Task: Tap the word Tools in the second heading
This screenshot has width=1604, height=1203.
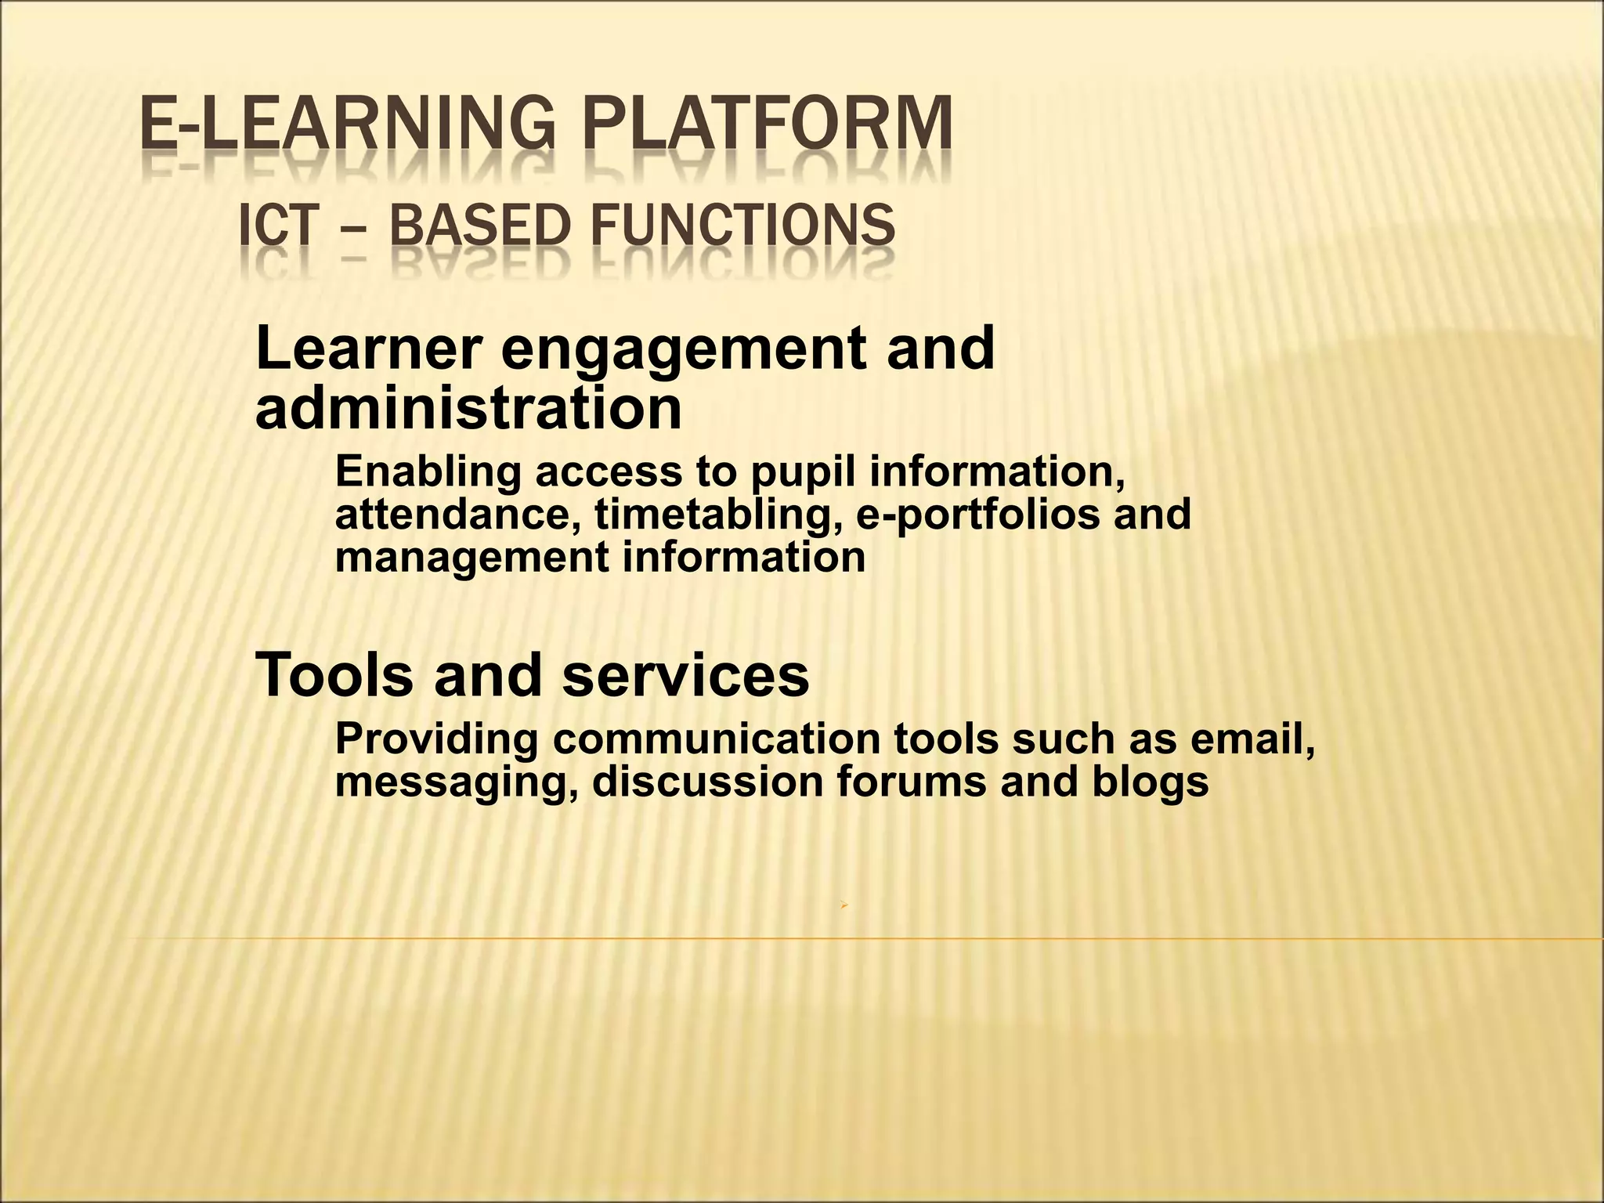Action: tap(334, 674)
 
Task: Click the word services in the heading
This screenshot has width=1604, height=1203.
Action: tap(685, 674)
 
